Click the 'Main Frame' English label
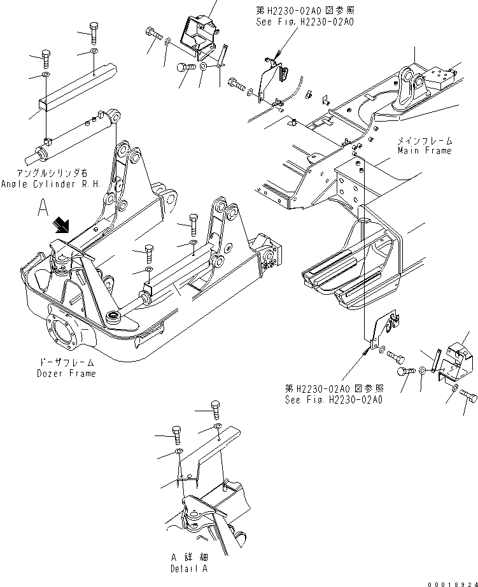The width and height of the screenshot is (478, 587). [x=425, y=151]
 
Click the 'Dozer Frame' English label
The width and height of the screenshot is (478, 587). [x=66, y=373]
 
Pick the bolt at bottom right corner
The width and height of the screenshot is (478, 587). [x=468, y=397]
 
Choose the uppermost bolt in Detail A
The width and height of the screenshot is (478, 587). [x=216, y=407]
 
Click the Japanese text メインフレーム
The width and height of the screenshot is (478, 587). [x=425, y=140]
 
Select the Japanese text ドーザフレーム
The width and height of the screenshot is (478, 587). [x=66, y=363]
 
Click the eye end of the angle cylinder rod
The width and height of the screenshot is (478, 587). [x=116, y=115]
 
